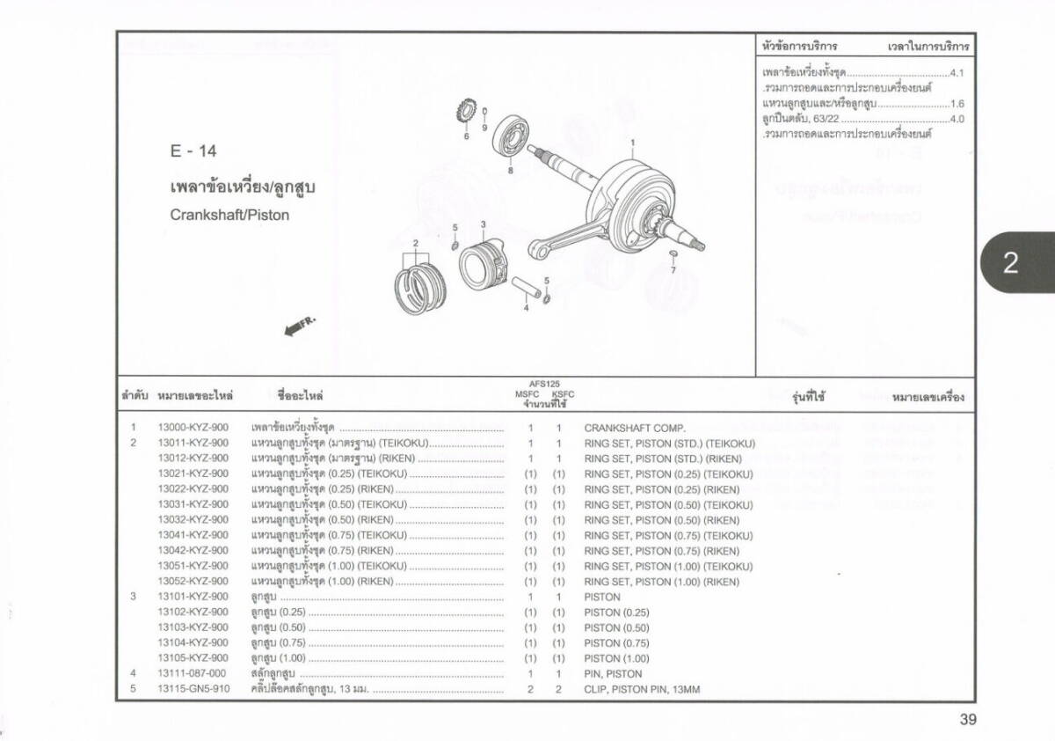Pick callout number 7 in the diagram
click(x=673, y=270)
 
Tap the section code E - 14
click(x=193, y=151)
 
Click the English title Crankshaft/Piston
click(x=229, y=215)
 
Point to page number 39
click(x=967, y=720)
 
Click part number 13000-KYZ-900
click(x=193, y=428)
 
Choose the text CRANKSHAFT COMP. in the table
click(x=634, y=428)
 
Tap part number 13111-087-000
click(x=193, y=673)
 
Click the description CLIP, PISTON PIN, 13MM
click(x=642, y=689)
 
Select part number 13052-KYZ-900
click(x=193, y=582)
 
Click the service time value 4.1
click(x=957, y=73)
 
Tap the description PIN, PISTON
click(x=613, y=673)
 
